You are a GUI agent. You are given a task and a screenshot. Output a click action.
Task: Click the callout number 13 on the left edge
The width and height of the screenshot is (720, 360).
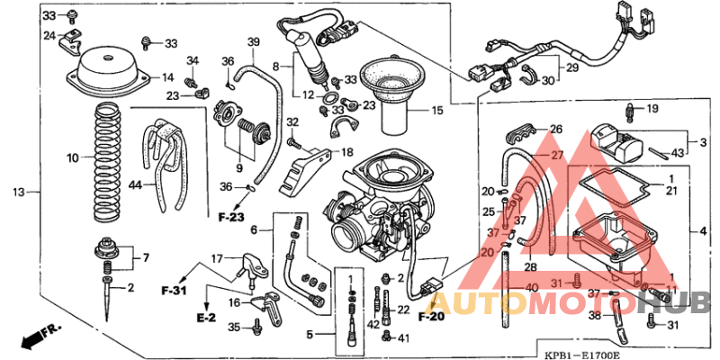[x=19, y=192]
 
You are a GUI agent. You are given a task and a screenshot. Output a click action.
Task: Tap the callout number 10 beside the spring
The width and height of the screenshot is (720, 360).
[x=73, y=157]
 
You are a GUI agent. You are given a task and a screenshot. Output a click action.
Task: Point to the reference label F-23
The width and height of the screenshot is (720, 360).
[x=231, y=217]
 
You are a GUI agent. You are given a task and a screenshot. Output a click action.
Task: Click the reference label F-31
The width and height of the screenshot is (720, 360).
[x=174, y=292]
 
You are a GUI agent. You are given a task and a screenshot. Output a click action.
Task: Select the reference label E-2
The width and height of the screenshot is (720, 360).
[x=206, y=318]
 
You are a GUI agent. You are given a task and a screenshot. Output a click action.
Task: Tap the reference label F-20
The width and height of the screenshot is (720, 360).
[x=431, y=316]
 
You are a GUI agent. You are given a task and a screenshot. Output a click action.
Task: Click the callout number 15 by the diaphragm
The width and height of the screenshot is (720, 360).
[x=437, y=111]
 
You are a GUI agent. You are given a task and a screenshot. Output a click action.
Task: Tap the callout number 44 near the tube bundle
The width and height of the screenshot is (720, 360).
[x=136, y=185]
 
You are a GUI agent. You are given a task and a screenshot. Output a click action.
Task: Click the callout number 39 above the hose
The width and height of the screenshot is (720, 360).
[x=254, y=42]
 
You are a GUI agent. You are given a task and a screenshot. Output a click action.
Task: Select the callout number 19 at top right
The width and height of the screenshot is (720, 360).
[x=653, y=109]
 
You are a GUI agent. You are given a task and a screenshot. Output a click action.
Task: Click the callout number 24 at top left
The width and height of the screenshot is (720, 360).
[x=49, y=36]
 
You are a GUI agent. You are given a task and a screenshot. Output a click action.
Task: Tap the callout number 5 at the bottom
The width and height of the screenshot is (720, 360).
[x=309, y=335]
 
